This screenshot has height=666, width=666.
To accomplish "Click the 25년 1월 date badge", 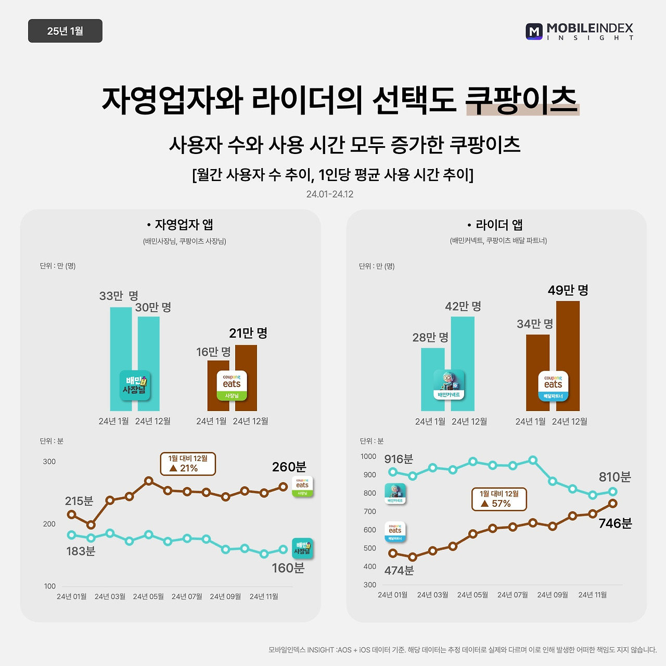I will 65,31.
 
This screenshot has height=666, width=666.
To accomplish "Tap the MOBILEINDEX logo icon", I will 534,31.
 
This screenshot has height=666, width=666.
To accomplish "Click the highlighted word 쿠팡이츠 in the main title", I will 522,99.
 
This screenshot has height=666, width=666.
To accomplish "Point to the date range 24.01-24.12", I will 330,194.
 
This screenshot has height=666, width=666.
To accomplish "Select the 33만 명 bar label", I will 119,296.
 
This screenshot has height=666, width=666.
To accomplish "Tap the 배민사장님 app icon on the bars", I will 135,386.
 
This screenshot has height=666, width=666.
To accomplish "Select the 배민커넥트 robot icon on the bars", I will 449,386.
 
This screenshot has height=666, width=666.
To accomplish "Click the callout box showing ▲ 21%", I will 188,464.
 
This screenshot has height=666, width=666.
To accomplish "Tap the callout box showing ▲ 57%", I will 499,499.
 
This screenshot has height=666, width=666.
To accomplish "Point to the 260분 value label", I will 289,467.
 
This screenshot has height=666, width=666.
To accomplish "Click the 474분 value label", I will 399,571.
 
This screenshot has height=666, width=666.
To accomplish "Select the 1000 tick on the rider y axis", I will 368,456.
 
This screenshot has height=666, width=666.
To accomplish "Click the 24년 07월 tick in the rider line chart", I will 513,595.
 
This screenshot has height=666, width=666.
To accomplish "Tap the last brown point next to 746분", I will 612,503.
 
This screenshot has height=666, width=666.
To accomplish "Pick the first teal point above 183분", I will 72,535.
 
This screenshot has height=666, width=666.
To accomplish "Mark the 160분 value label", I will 288,568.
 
